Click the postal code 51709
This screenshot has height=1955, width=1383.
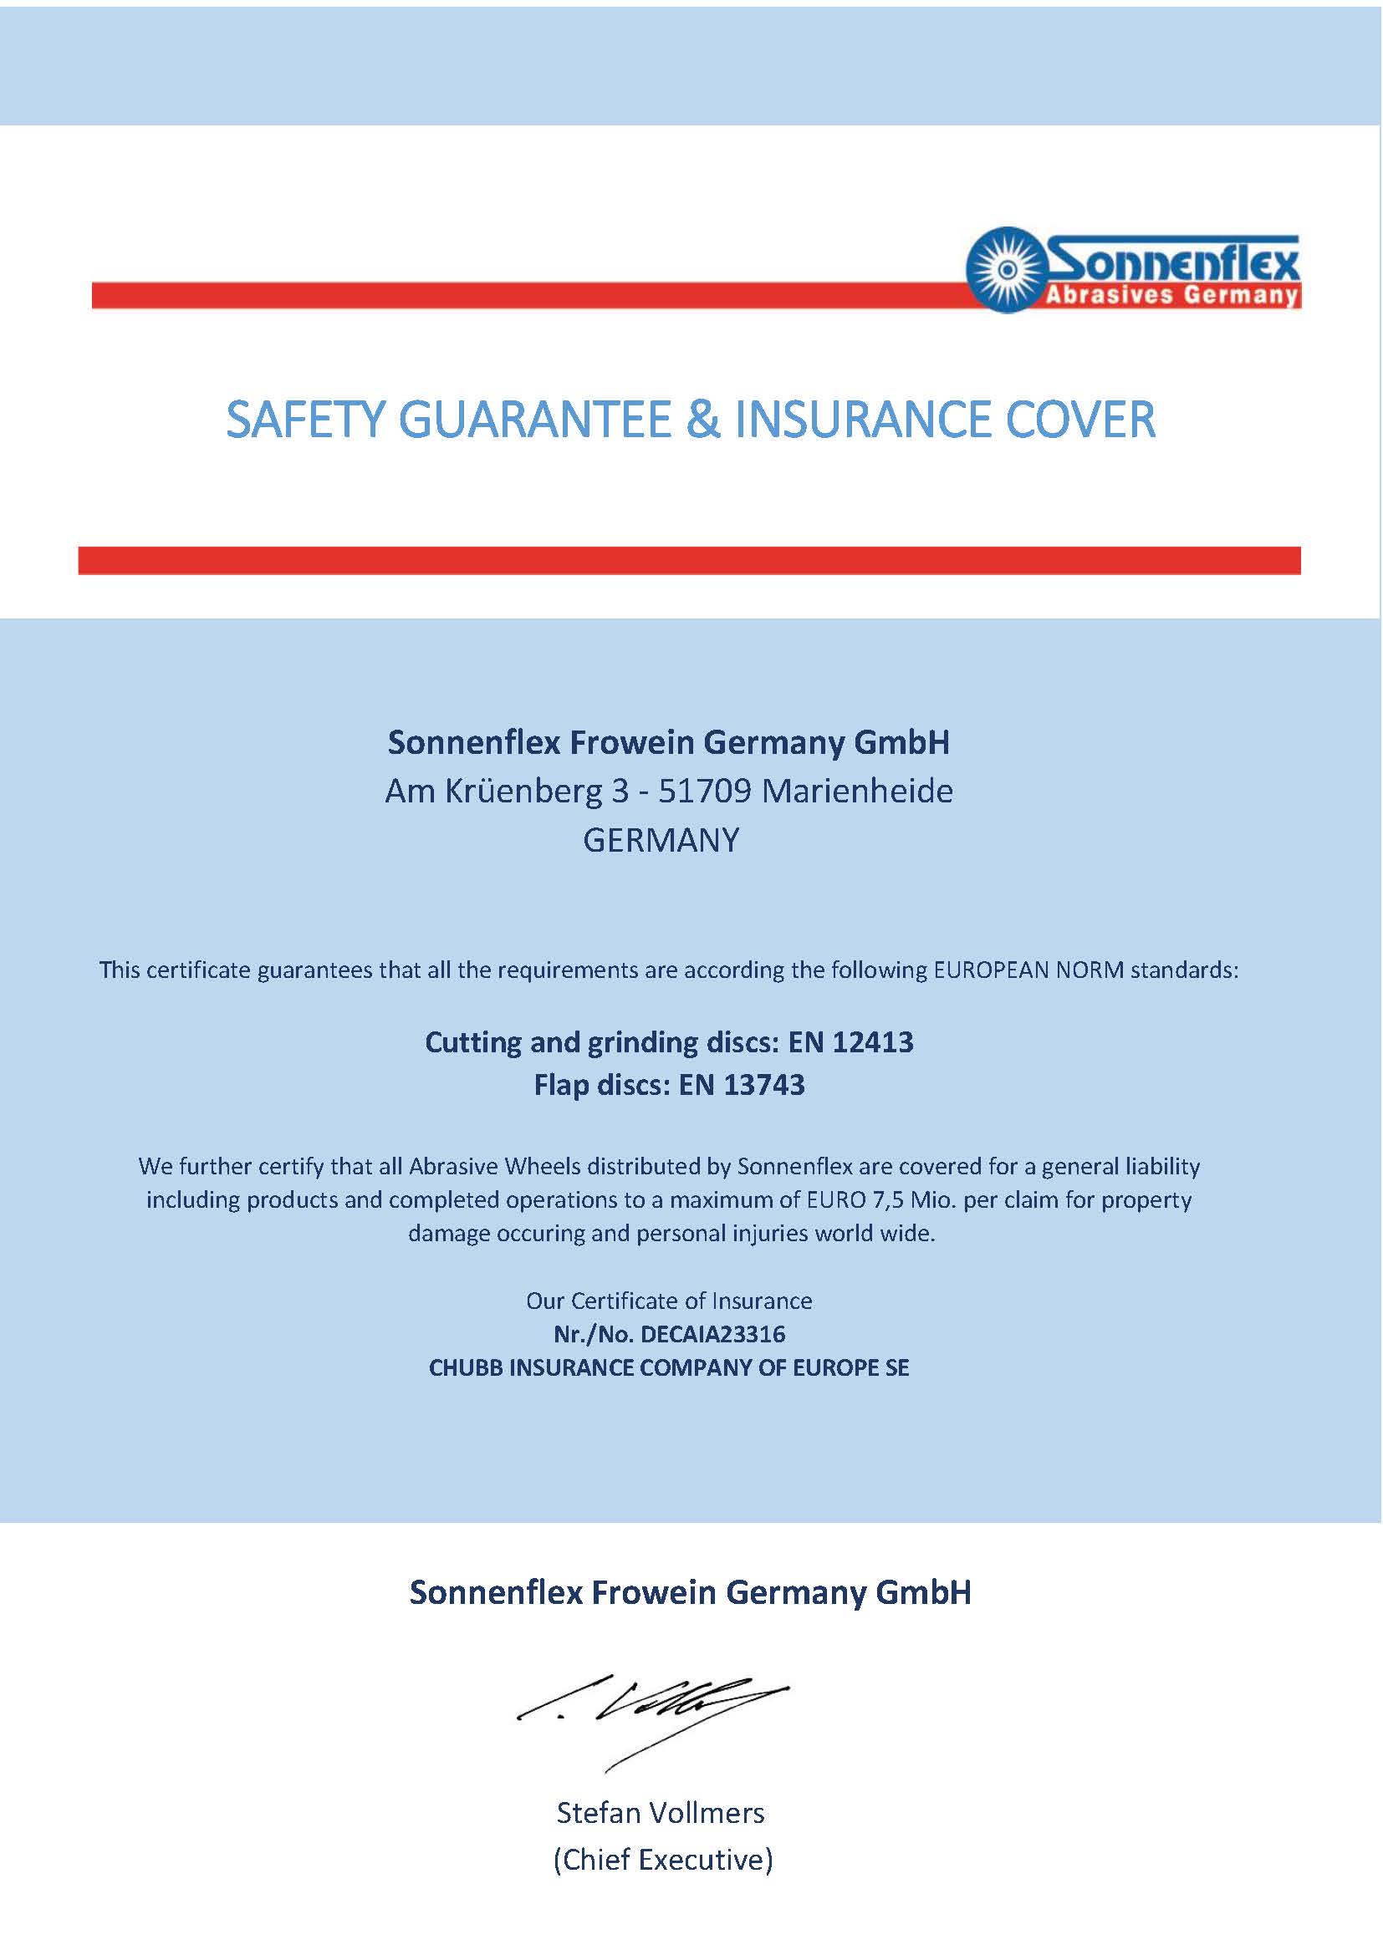(x=705, y=792)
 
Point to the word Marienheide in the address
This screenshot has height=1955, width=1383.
(x=857, y=792)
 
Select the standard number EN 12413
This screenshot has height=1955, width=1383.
(x=850, y=1042)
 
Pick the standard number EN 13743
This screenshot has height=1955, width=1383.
(x=742, y=1085)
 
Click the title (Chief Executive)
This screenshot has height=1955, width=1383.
(x=662, y=1860)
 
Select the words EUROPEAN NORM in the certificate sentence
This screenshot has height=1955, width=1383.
(x=1028, y=970)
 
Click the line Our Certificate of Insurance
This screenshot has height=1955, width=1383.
(x=669, y=1301)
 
